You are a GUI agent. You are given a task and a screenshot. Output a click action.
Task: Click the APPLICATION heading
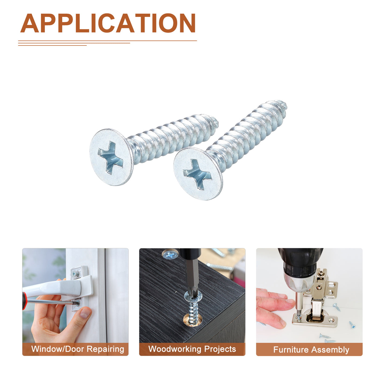click(x=108, y=23)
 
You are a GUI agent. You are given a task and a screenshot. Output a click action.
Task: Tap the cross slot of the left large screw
click(x=110, y=158)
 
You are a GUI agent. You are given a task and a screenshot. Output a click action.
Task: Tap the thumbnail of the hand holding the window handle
click(x=75, y=302)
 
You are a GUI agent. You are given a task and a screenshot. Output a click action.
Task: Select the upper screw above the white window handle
click(x=75, y=274)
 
